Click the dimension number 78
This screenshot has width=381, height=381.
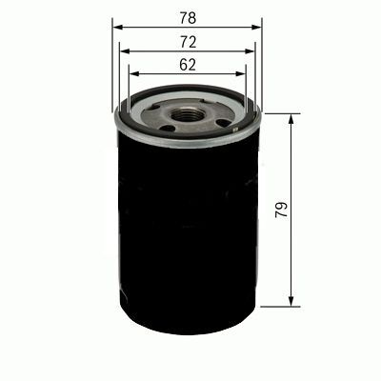188,16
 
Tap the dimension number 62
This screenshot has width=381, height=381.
188,65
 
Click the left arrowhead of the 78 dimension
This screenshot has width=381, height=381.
116,28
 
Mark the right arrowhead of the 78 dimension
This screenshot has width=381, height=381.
258,28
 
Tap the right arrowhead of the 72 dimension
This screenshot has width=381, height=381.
251,52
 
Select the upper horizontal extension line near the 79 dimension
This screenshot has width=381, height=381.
276,113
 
